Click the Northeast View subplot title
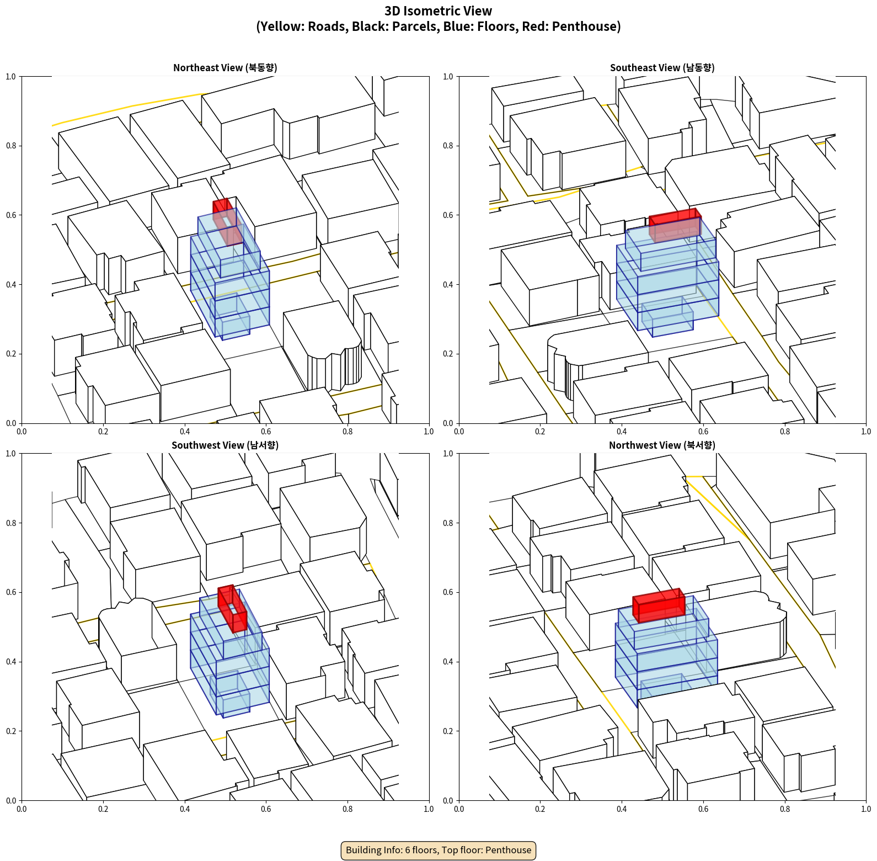point(225,67)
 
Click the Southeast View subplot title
point(662,67)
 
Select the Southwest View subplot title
point(225,445)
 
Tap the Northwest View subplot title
point(662,445)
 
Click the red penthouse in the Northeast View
point(227,221)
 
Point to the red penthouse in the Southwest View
point(232,608)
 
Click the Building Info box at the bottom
point(438,850)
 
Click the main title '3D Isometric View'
point(438,11)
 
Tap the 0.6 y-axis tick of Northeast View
point(11,215)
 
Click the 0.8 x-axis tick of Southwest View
point(347,809)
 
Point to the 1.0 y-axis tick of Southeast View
point(448,77)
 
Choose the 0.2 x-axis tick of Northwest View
point(540,809)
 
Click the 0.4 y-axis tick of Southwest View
point(11,662)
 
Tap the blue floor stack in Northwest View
point(666,651)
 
